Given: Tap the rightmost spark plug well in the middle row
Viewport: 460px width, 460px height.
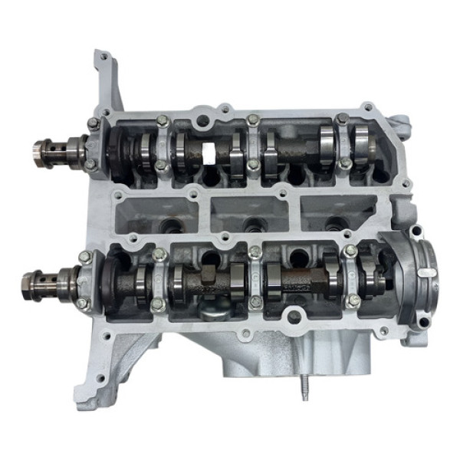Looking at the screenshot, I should pyautogui.click(x=336, y=222).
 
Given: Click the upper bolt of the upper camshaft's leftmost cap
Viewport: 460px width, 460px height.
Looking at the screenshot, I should pyautogui.click(x=93, y=123).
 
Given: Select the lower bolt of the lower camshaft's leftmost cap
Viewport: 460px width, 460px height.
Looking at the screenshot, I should pyautogui.click(x=84, y=305).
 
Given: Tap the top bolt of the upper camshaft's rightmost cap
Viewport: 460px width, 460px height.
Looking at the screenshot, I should pyautogui.click(x=342, y=119).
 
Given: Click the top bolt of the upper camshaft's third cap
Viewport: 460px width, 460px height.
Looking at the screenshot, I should pyautogui.click(x=253, y=120).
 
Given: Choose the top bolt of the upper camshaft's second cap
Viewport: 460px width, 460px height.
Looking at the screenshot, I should pyautogui.click(x=162, y=120).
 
